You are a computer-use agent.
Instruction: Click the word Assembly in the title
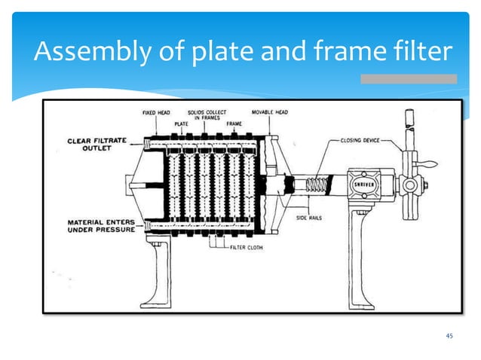[x=78, y=52]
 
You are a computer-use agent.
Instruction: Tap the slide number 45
[x=449, y=335]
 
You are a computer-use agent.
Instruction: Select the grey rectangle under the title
[x=408, y=78]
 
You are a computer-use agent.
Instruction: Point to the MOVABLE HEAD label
[x=269, y=113]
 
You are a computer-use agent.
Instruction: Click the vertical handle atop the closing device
[x=409, y=125]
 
